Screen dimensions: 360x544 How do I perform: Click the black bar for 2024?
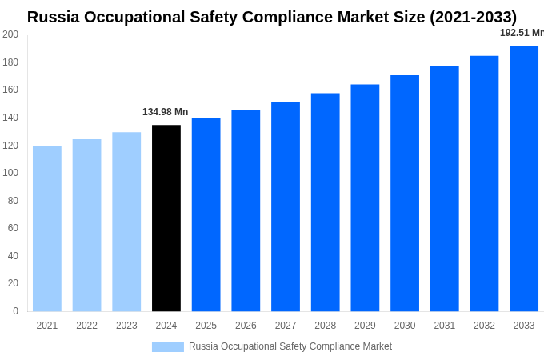(166, 218)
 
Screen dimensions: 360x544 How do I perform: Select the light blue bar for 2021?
(47, 228)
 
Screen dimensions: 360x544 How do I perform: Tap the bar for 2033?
(524, 178)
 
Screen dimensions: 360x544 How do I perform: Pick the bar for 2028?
(326, 202)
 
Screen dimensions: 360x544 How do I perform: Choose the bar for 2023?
(126, 222)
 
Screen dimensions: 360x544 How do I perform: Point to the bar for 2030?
(405, 193)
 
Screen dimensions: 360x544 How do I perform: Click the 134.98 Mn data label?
(166, 112)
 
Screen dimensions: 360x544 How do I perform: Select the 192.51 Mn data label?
(522, 33)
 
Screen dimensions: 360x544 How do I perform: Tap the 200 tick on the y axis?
(10, 34)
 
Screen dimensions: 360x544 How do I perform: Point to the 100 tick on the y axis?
(10, 173)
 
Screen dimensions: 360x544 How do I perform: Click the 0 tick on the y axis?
(15, 311)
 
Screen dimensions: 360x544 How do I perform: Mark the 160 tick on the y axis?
(10, 90)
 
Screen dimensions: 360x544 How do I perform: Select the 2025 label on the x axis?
(206, 326)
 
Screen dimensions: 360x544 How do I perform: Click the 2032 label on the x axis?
(484, 326)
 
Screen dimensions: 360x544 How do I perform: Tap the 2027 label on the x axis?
(286, 326)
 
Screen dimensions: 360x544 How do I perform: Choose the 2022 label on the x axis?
(87, 326)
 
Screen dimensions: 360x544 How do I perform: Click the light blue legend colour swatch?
(168, 346)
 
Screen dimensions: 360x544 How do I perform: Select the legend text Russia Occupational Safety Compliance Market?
(290, 346)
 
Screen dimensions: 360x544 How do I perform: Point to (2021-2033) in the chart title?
(463, 17)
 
